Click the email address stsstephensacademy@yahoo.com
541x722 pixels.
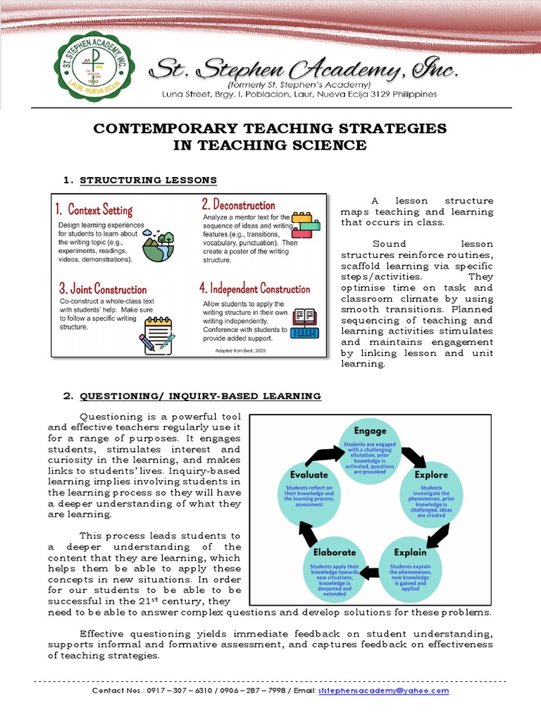click(383, 691)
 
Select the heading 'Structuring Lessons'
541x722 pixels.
click(148, 180)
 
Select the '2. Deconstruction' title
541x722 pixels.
click(238, 205)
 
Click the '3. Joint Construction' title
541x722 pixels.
click(103, 289)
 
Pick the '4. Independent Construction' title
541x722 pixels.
click(254, 289)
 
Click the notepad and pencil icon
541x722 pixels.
click(157, 334)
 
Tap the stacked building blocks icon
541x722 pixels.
click(305, 227)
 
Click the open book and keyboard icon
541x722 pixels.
click(304, 324)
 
